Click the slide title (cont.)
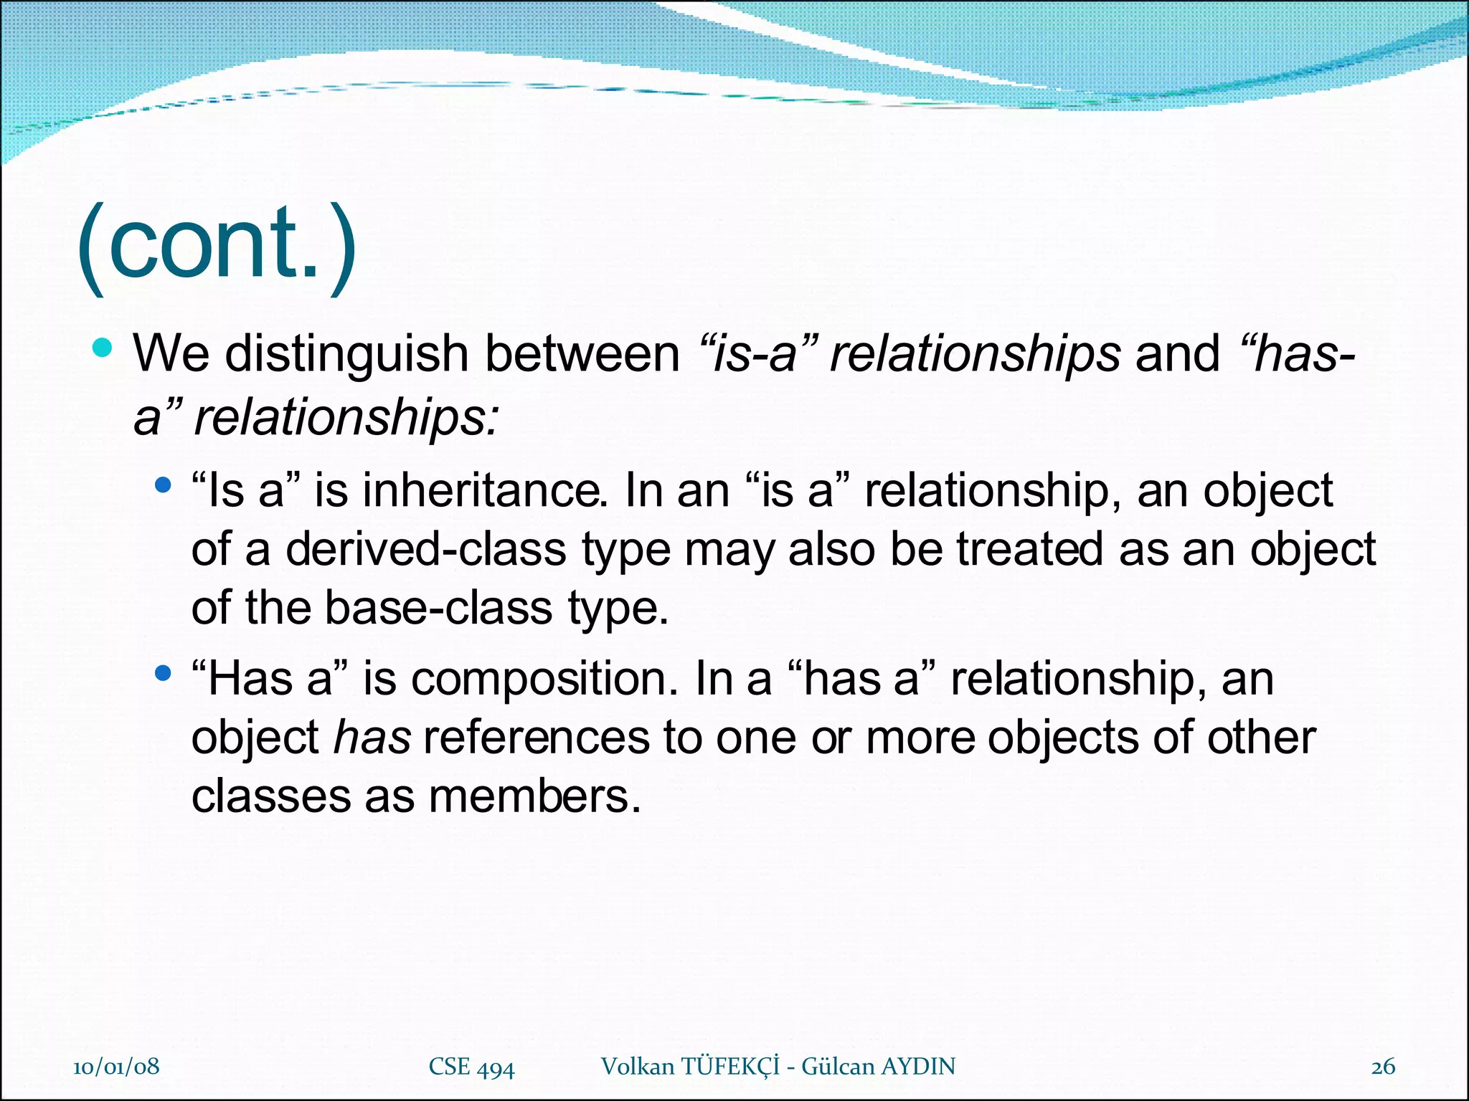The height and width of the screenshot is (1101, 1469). click(216, 247)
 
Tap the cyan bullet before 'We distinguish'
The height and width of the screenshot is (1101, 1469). click(103, 348)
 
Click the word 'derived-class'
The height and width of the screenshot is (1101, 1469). click(426, 550)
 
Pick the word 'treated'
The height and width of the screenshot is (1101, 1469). click(1029, 550)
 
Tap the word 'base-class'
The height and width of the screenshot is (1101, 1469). click(438, 608)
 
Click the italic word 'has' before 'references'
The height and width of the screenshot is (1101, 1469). click(372, 738)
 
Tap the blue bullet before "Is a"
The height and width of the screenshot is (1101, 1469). click(164, 485)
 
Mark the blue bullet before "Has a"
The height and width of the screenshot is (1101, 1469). click(164, 673)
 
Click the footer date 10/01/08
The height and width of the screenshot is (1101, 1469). click(116, 1067)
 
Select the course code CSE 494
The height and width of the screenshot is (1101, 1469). click(471, 1067)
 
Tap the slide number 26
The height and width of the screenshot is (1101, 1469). click(1383, 1067)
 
